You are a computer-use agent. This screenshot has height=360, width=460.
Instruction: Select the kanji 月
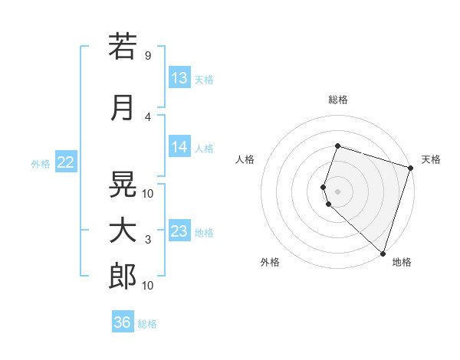(x=123, y=107)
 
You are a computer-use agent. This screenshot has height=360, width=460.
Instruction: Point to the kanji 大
(x=123, y=231)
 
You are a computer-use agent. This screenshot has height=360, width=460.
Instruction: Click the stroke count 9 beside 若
(x=147, y=56)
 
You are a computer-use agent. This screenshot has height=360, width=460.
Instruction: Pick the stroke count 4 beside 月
(x=147, y=116)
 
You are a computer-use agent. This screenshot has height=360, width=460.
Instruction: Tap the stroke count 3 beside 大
(x=147, y=240)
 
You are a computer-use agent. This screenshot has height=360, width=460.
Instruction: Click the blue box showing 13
(x=179, y=78)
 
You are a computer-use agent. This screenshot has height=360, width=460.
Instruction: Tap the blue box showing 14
(x=179, y=147)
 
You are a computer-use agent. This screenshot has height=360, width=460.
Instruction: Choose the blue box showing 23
(x=179, y=231)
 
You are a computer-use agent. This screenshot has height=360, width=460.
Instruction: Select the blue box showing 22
(x=66, y=162)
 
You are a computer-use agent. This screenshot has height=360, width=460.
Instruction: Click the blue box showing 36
(x=123, y=322)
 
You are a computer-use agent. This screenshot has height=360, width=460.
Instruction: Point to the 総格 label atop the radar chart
(x=338, y=100)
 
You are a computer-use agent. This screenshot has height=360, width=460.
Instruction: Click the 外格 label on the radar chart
(x=270, y=262)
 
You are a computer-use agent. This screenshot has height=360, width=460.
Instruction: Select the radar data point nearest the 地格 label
(x=383, y=253)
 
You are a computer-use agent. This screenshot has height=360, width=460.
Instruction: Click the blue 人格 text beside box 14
(x=204, y=149)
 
